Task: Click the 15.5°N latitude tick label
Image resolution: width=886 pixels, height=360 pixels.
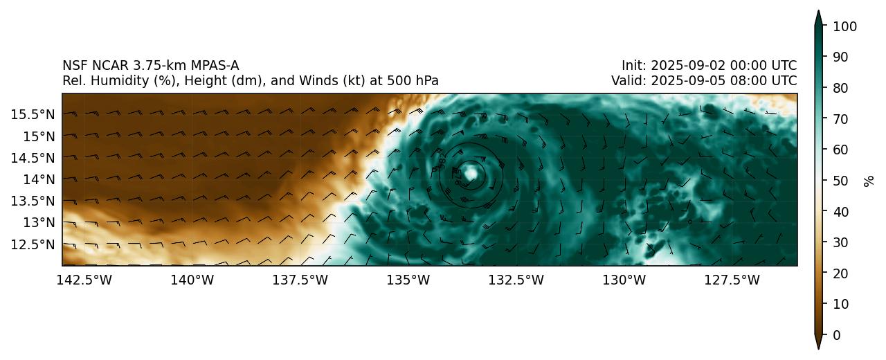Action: pos(34,114)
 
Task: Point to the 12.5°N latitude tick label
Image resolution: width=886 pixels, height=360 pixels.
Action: pos(34,244)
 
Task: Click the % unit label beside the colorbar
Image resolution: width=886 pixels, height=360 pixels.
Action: pos(869,181)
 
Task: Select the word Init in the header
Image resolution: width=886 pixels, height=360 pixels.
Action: pos(632,66)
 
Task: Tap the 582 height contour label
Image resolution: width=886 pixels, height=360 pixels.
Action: pos(442,161)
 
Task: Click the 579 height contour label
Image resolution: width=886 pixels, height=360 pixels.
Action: pos(458,177)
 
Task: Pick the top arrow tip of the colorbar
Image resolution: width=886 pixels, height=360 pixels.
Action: pos(818,11)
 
